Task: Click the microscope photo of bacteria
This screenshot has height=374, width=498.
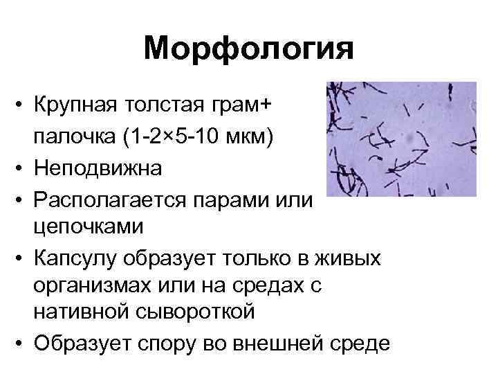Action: point(400,139)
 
